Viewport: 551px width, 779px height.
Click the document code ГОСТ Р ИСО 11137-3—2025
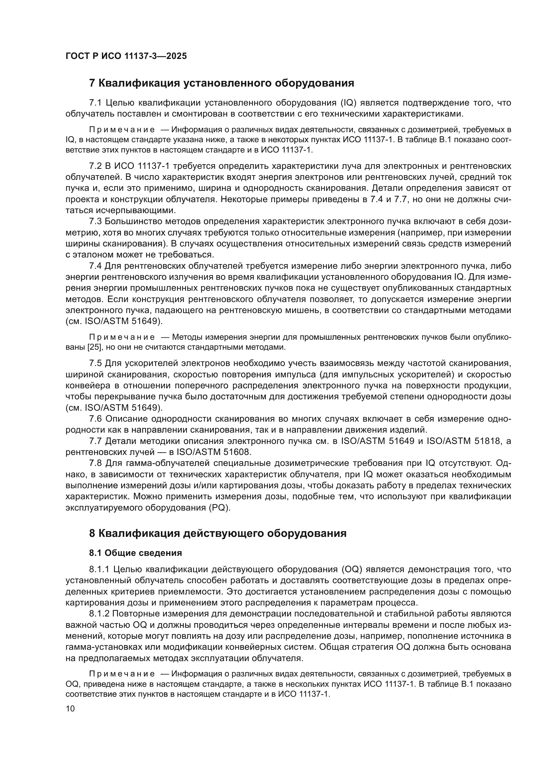tap(126, 56)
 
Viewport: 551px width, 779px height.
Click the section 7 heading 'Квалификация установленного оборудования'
tap(222, 83)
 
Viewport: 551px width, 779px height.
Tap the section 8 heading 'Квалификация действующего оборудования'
tap(218, 533)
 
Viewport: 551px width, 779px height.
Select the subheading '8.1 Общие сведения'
tap(135, 553)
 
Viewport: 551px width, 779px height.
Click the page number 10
tap(70, 708)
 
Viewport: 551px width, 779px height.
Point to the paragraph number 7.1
tap(95, 103)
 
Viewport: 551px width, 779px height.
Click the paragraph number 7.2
tap(95, 166)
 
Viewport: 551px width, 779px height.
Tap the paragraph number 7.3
tap(95, 221)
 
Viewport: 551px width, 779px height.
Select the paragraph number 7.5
tap(95, 363)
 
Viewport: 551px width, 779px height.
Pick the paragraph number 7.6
tap(95, 419)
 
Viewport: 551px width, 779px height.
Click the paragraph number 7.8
tap(95, 463)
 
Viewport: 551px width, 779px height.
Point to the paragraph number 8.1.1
tap(99, 569)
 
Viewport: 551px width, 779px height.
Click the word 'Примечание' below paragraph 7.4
tap(122, 337)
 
